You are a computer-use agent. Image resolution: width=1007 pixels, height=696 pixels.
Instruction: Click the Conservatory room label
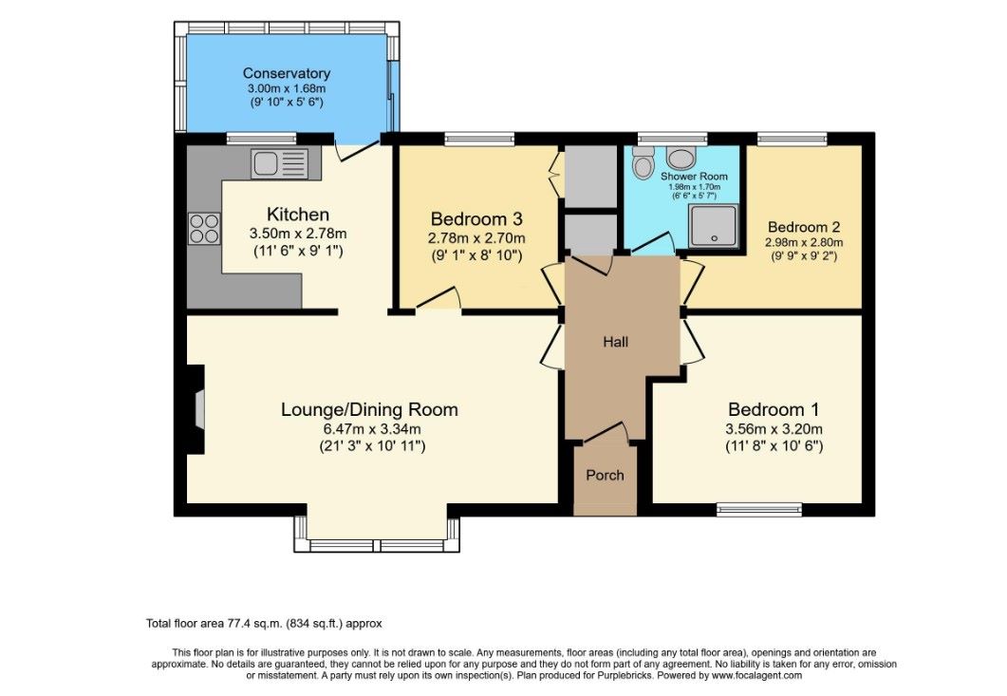[x=286, y=73]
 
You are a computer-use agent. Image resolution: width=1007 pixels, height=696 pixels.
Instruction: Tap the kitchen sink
[x=279, y=163]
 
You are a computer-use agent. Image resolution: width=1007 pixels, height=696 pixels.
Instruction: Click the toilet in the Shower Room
[x=643, y=164]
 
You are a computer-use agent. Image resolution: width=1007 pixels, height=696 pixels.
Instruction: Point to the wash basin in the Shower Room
[x=681, y=157]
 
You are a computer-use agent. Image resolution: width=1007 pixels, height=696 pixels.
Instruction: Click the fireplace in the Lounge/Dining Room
[x=196, y=409]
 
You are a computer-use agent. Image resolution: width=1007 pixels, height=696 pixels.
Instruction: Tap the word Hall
[x=615, y=342]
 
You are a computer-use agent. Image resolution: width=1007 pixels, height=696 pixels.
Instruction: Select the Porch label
[x=605, y=475]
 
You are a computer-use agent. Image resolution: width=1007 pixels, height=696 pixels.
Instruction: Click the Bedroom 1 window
[x=758, y=509]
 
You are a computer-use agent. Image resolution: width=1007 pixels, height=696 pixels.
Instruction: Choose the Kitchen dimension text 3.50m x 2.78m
[x=297, y=234]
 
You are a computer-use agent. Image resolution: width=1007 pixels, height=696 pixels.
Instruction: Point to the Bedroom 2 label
[x=804, y=227]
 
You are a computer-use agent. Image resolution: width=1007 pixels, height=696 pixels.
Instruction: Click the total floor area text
[x=264, y=624]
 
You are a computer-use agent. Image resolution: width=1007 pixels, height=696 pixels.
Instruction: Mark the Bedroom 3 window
[x=479, y=139]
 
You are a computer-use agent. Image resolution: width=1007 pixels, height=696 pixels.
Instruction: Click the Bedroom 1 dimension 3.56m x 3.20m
[x=773, y=428]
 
